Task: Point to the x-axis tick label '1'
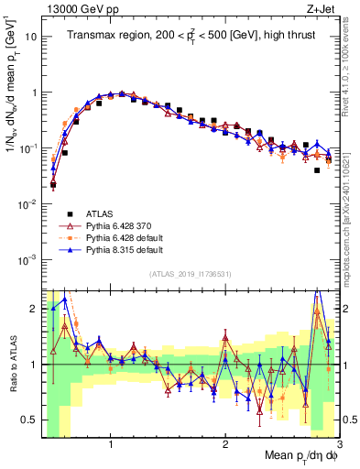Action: coord(111,444)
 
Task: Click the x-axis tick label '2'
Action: coord(225,444)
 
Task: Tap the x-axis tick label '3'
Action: coord(339,444)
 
